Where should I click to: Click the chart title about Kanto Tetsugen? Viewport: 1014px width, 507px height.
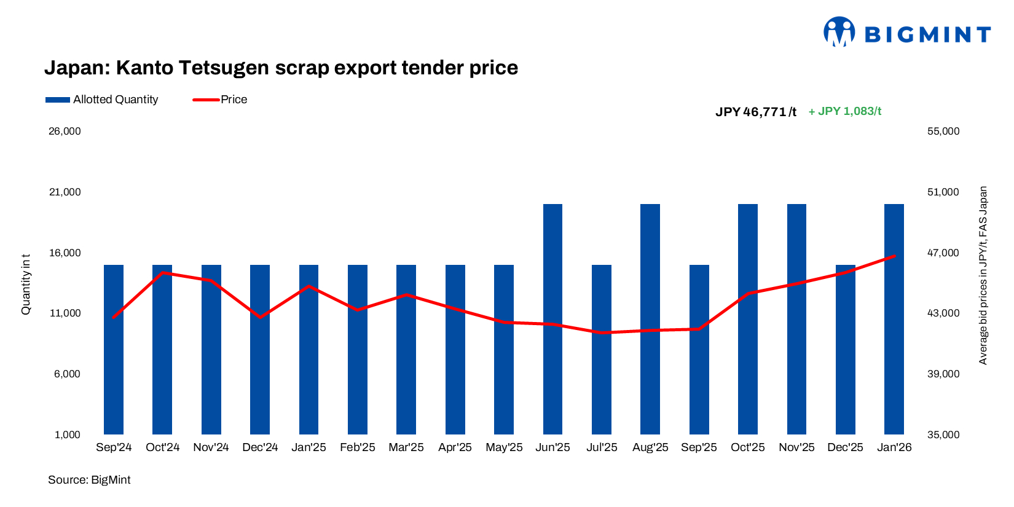click(281, 68)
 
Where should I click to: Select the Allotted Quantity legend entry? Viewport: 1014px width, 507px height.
click(102, 100)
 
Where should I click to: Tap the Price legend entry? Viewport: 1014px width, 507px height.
click(221, 100)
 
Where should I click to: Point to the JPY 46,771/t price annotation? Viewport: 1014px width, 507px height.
click(756, 112)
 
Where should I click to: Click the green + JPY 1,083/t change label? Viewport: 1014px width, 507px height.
click(845, 111)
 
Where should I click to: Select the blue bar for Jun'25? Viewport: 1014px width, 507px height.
click(552, 320)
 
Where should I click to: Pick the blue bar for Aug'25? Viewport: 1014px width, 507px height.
click(650, 320)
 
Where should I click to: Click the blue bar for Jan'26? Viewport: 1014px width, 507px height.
click(894, 344)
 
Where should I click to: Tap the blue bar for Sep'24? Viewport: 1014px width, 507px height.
click(114, 369)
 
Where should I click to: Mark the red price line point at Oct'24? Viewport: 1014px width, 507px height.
click(162, 272)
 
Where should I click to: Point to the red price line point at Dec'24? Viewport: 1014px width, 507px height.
click(260, 317)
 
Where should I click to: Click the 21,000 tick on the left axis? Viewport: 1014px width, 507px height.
click(65, 192)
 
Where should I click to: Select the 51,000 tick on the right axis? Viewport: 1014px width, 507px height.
click(943, 192)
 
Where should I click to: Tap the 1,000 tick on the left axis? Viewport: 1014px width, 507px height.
click(68, 435)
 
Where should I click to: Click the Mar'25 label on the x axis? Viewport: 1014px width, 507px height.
click(406, 447)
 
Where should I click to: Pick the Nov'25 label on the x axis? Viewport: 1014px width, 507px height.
click(796, 447)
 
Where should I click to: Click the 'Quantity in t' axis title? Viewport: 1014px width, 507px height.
click(26, 285)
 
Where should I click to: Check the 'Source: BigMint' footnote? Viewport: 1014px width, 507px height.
click(89, 480)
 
